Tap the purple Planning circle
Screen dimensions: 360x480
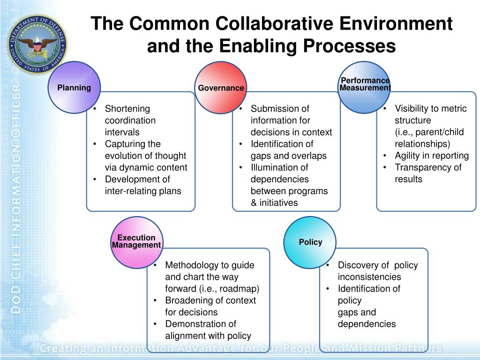click(74, 88)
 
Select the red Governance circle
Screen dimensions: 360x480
click(221, 88)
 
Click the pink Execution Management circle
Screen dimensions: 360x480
click(136, 242)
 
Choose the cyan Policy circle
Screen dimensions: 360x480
click(310, 242)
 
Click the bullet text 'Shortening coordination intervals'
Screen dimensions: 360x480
click(130, 120)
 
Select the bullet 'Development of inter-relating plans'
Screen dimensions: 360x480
click(142, 185)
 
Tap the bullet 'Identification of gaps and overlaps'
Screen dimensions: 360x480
click(288, 150)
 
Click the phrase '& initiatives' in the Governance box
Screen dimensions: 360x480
click(274, 203)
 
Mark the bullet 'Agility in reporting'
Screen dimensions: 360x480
click(431, 156)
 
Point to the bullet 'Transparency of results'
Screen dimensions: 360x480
click(427, 173)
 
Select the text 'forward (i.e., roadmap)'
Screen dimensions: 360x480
click(212, 289)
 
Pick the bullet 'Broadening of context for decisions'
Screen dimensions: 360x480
click(210, 306)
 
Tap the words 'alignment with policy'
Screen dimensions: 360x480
click(208, 336)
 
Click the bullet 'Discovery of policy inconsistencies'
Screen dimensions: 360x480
click(377, 271)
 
